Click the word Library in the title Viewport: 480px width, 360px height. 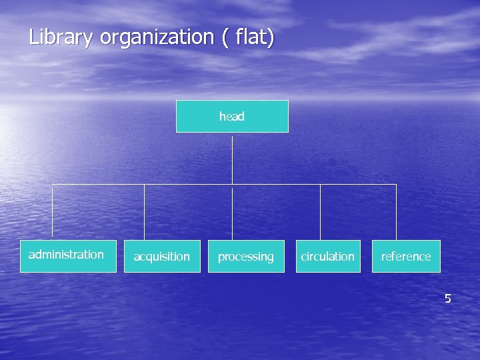pyautogui.click(x=61, y=37)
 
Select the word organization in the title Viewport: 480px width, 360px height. pyautogui.click(x=157, y=37)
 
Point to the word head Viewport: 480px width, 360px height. pyautogui.click(x=232, y=117)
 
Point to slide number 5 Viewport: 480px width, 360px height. pyautogui.click(x=448, y=299)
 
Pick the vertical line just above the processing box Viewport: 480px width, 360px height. pyautogui.click(x=232, y=213)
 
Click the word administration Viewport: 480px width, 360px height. pyautogui.click(x=66, y=255)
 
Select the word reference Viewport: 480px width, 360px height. pyautogui.click(x=406, y=257)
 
